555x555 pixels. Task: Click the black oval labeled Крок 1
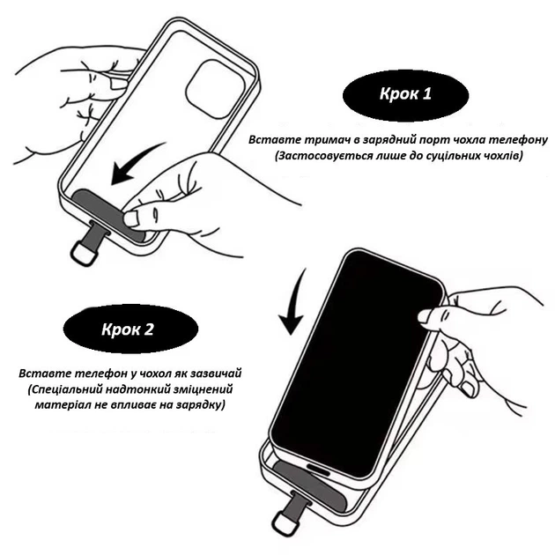pos(405,94)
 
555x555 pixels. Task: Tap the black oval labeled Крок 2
pos(130,329)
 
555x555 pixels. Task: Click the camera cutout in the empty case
pos(215,89)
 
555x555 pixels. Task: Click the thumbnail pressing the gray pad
pos(131,218)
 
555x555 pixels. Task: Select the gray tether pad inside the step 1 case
pos(107,212)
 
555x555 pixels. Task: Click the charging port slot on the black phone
pos(318,470)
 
